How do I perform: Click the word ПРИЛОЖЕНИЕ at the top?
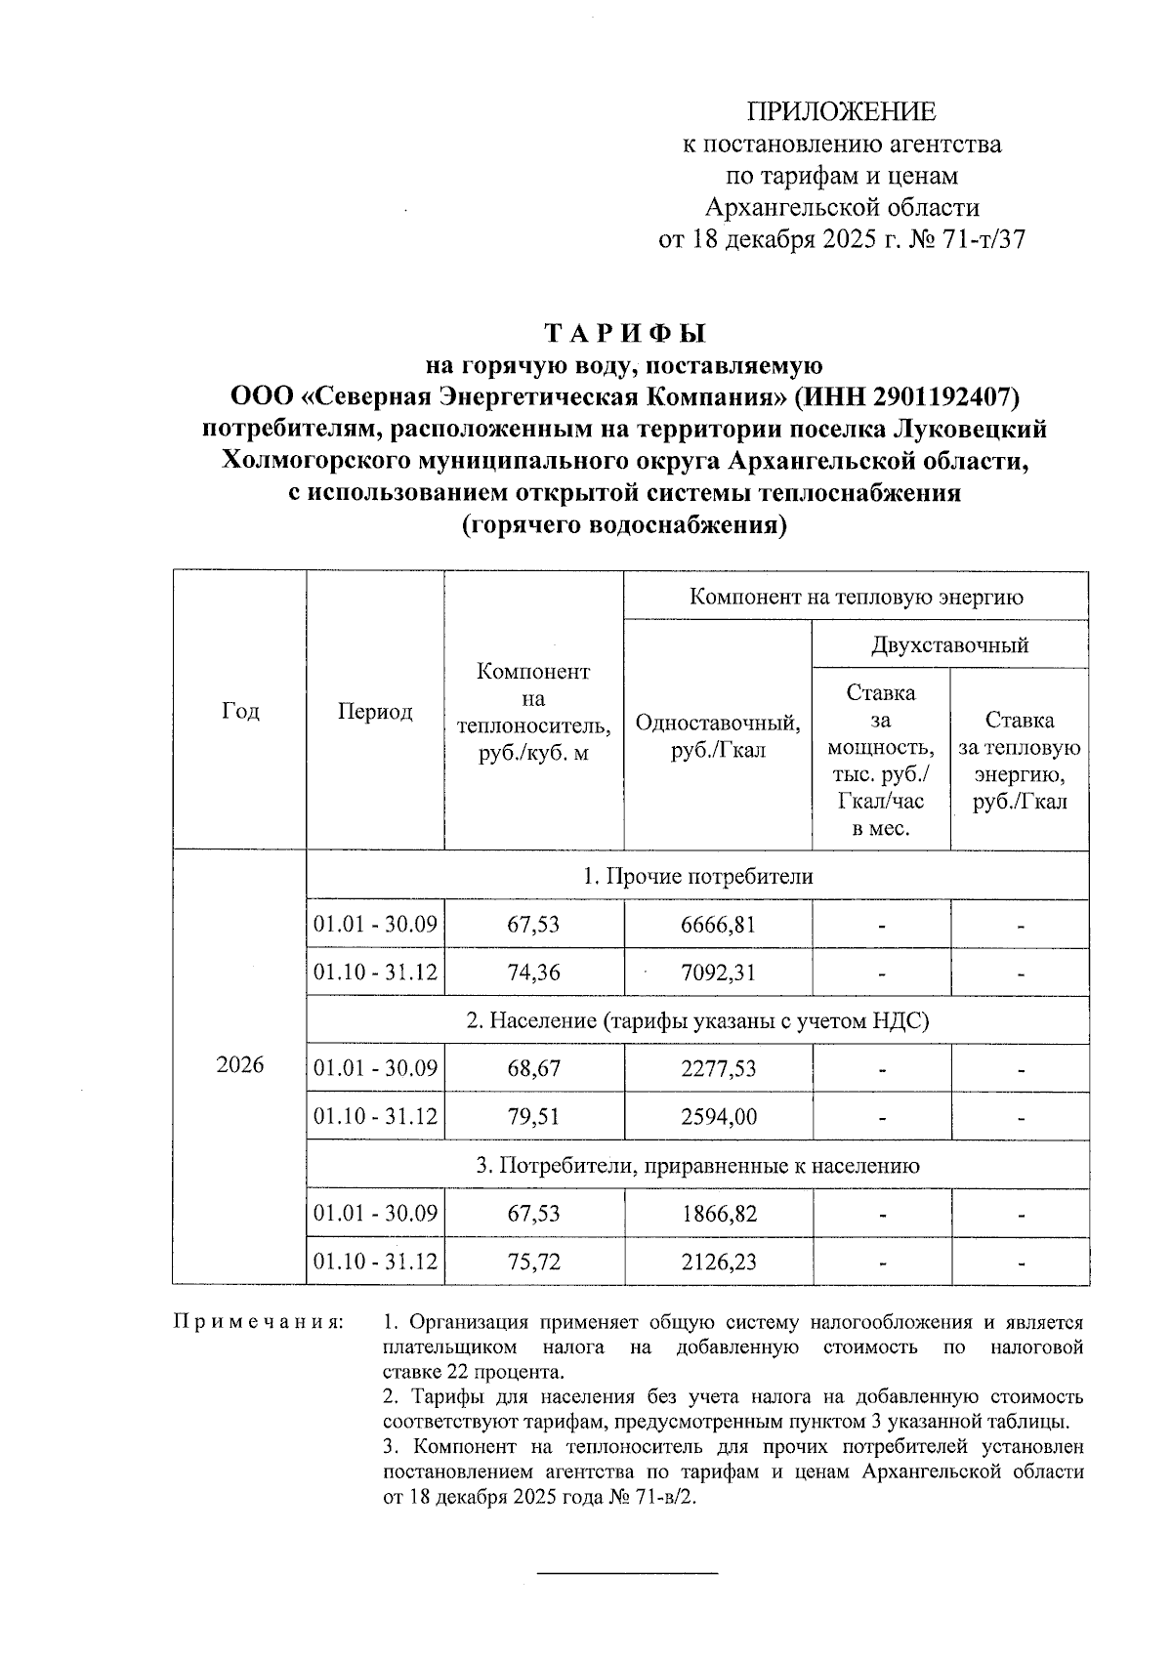coord(841,111)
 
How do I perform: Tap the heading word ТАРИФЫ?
coord(624,334)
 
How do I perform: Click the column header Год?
coord(240,711)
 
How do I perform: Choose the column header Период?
coord(375,711)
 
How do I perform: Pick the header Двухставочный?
coord(949,645)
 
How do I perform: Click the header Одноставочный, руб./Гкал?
coord(718,736)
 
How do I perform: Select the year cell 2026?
coord(240,1064)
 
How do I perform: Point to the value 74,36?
coord(533,973)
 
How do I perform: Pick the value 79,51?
coord(533,1117)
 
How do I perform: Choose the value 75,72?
coord(533,1262)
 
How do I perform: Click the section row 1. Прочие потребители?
coord(697,876)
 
